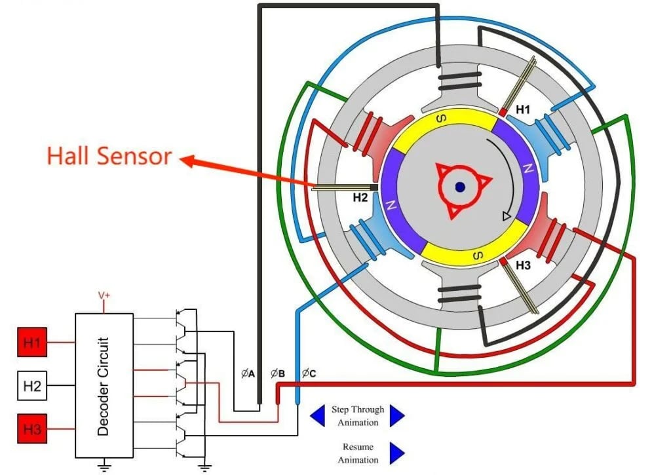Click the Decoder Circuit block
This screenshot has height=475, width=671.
[103, 386]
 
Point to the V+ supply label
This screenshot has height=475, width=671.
[104, 296]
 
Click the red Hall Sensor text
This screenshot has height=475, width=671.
[109, 156]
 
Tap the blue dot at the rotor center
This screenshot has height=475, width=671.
[460, 187]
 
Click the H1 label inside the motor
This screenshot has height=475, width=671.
[522, 110]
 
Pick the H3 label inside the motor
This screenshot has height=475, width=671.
[522, 265]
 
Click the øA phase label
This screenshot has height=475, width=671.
[247, 374]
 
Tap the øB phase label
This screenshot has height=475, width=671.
[277, 374]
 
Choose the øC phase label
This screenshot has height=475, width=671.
[308, 374]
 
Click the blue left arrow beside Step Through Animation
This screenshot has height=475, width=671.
[318, 415]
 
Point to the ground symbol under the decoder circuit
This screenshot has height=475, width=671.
[104, 466]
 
